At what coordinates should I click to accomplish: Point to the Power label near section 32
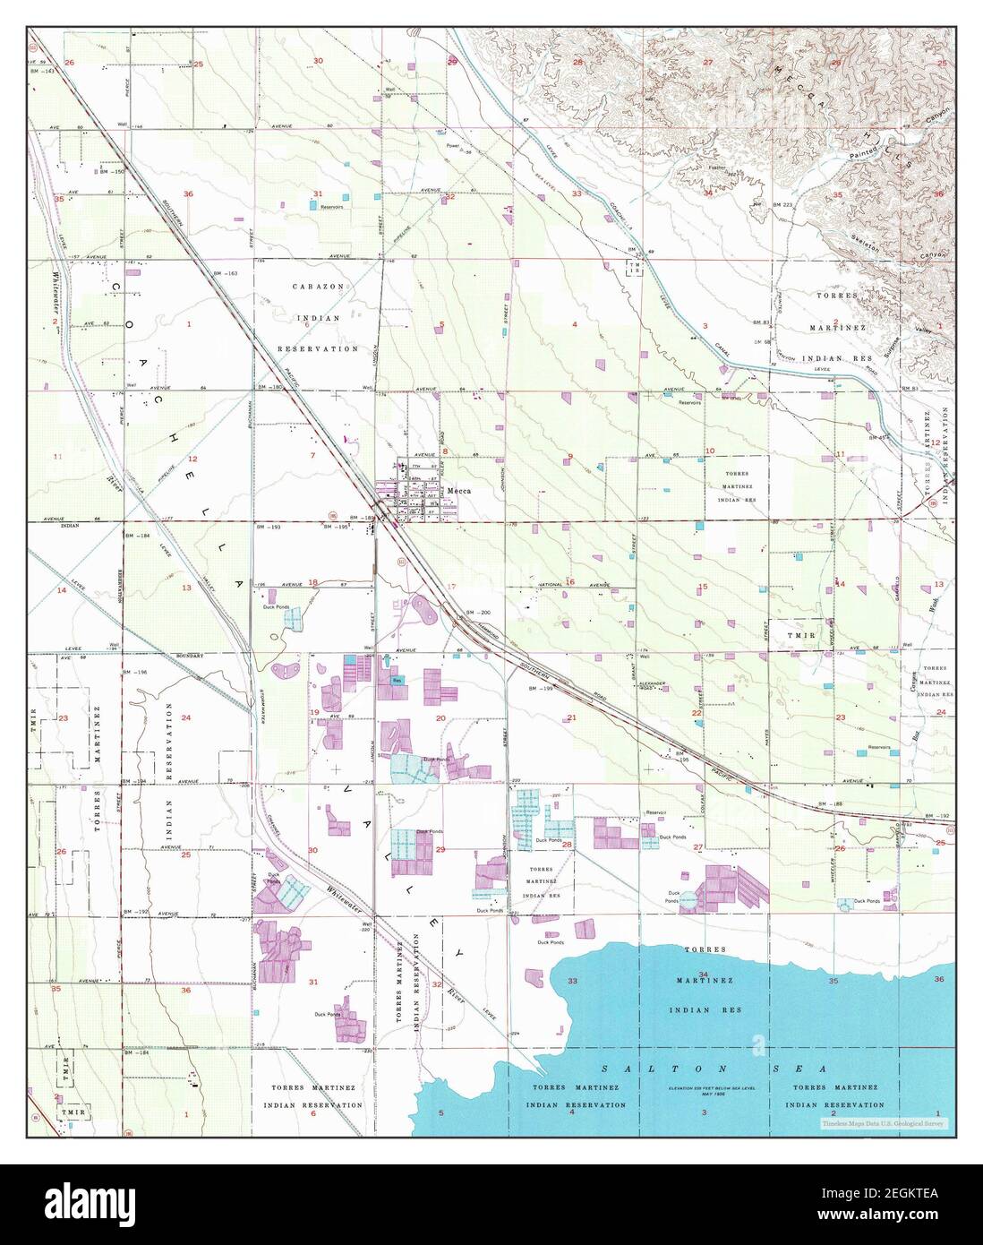click(453, 145)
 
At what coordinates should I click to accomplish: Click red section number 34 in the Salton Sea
click(703, 974)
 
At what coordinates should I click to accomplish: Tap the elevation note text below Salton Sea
click(704, 1090)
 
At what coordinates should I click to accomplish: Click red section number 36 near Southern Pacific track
click(188, 193)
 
